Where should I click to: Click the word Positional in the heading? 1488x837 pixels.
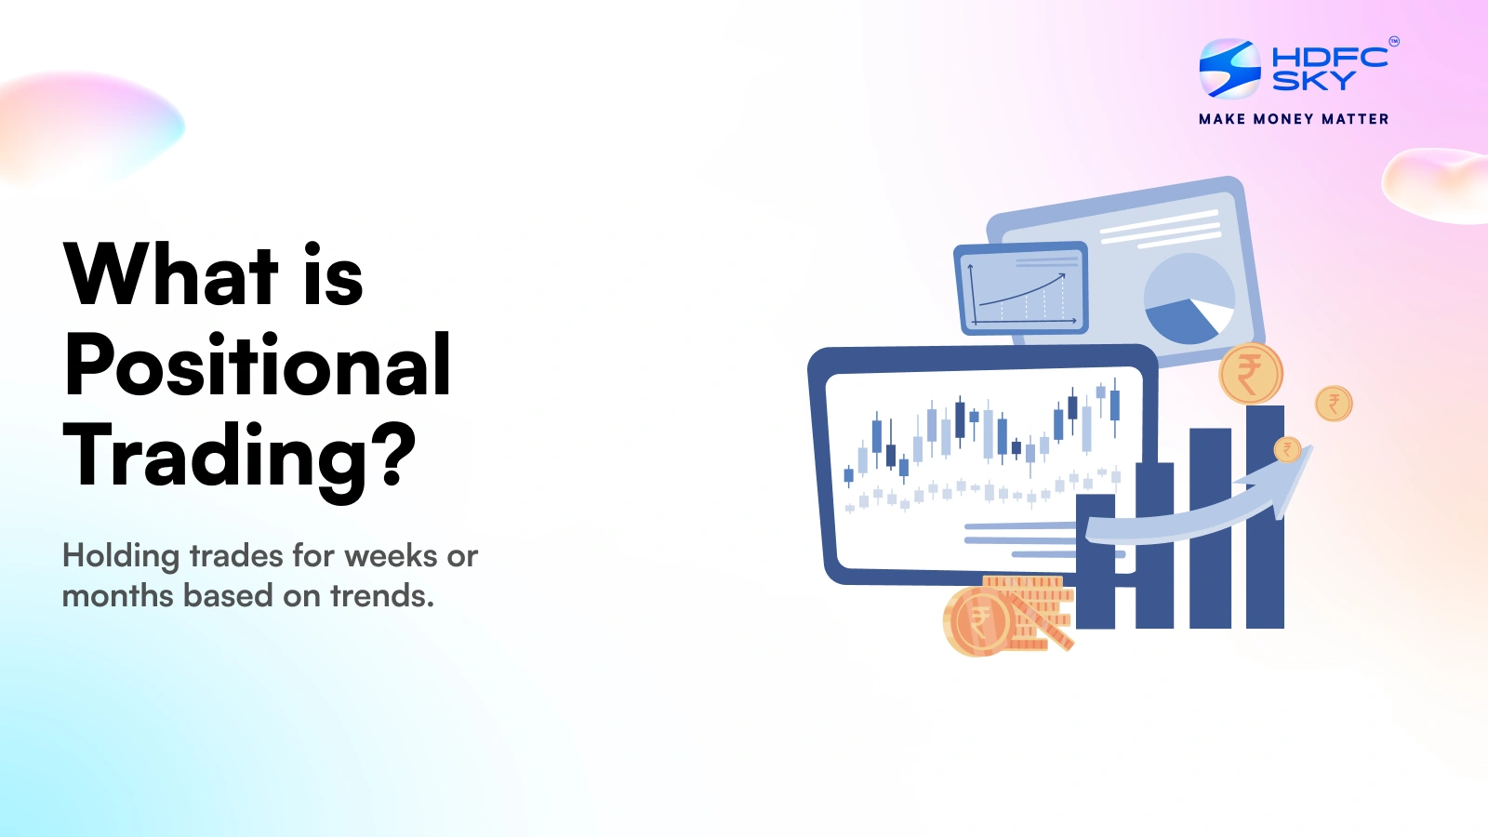point(258,366)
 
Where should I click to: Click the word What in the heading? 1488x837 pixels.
point(171,275)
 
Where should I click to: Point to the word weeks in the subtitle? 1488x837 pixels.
point(391,556)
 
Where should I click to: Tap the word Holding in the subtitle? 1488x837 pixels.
point(121,557)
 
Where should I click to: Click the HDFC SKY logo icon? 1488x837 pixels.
point(1229,68)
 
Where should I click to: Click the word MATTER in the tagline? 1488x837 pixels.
point(1355,119)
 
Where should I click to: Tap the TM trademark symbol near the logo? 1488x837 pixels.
point(1393,41)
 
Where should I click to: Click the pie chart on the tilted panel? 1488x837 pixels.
point(1189,299)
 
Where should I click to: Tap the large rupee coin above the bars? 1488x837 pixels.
point(1251,374)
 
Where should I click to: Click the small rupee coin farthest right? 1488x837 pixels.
point(1334,404)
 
